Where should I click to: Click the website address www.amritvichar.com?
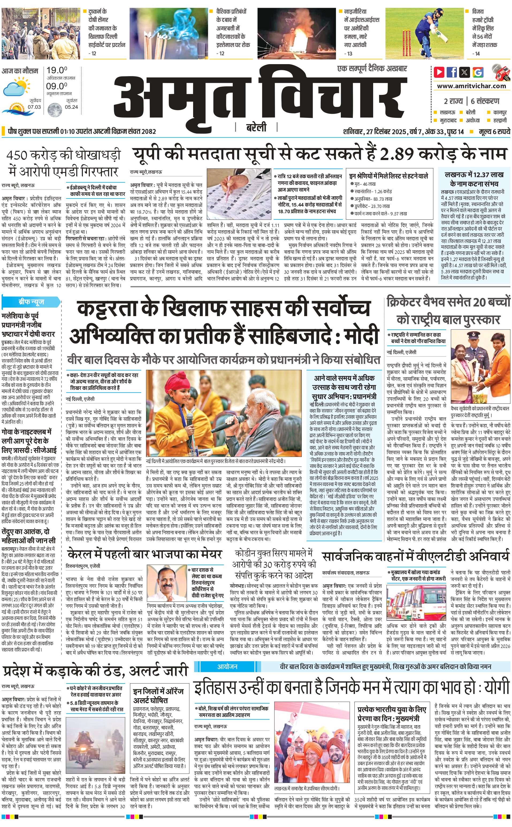click(471, 86)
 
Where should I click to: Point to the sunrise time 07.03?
click(34, 107)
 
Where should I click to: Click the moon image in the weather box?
click(54, 110)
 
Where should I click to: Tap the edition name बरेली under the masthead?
click(256, 127)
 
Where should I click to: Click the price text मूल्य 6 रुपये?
click(494, 131)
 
